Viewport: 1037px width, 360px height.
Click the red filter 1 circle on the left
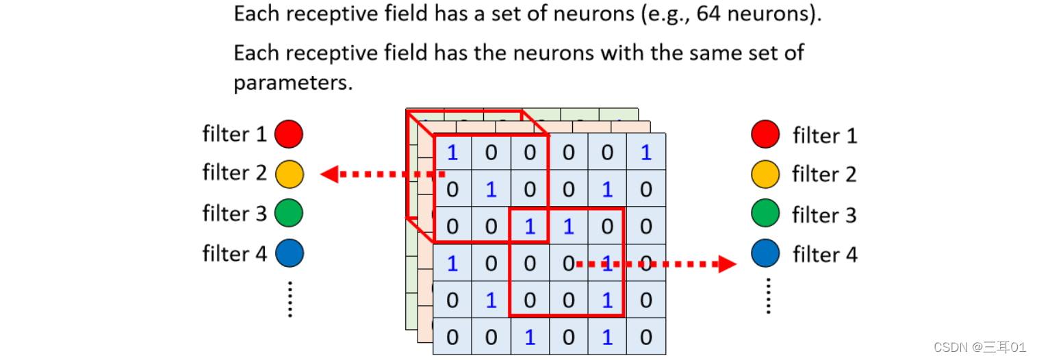(289, 134)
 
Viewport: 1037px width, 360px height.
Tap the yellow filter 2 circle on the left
(289, 175)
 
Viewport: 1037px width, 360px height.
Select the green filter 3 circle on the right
(765, 215)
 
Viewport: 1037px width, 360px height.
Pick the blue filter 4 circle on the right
(765, 255)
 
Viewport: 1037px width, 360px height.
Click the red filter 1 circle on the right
(765, 134)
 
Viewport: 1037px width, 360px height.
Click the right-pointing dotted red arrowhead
(727, 263)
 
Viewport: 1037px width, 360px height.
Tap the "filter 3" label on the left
(234, 214)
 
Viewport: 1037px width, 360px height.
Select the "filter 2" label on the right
(824, 175)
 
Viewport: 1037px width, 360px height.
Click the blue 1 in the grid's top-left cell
(452, 153)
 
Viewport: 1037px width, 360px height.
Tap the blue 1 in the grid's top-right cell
(645, 153)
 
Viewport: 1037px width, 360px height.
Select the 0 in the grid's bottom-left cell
(452, 337)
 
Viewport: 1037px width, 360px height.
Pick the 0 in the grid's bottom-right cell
(645, 337)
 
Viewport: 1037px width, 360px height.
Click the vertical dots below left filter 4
(290, 299)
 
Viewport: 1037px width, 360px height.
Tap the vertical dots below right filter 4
(767, 295)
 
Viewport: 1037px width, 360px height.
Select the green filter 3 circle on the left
(289, 214)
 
